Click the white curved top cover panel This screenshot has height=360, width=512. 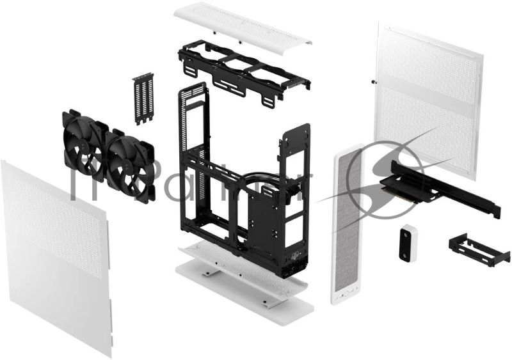243,26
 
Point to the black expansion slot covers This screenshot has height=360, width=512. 145,99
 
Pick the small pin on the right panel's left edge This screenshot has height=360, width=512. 372,81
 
